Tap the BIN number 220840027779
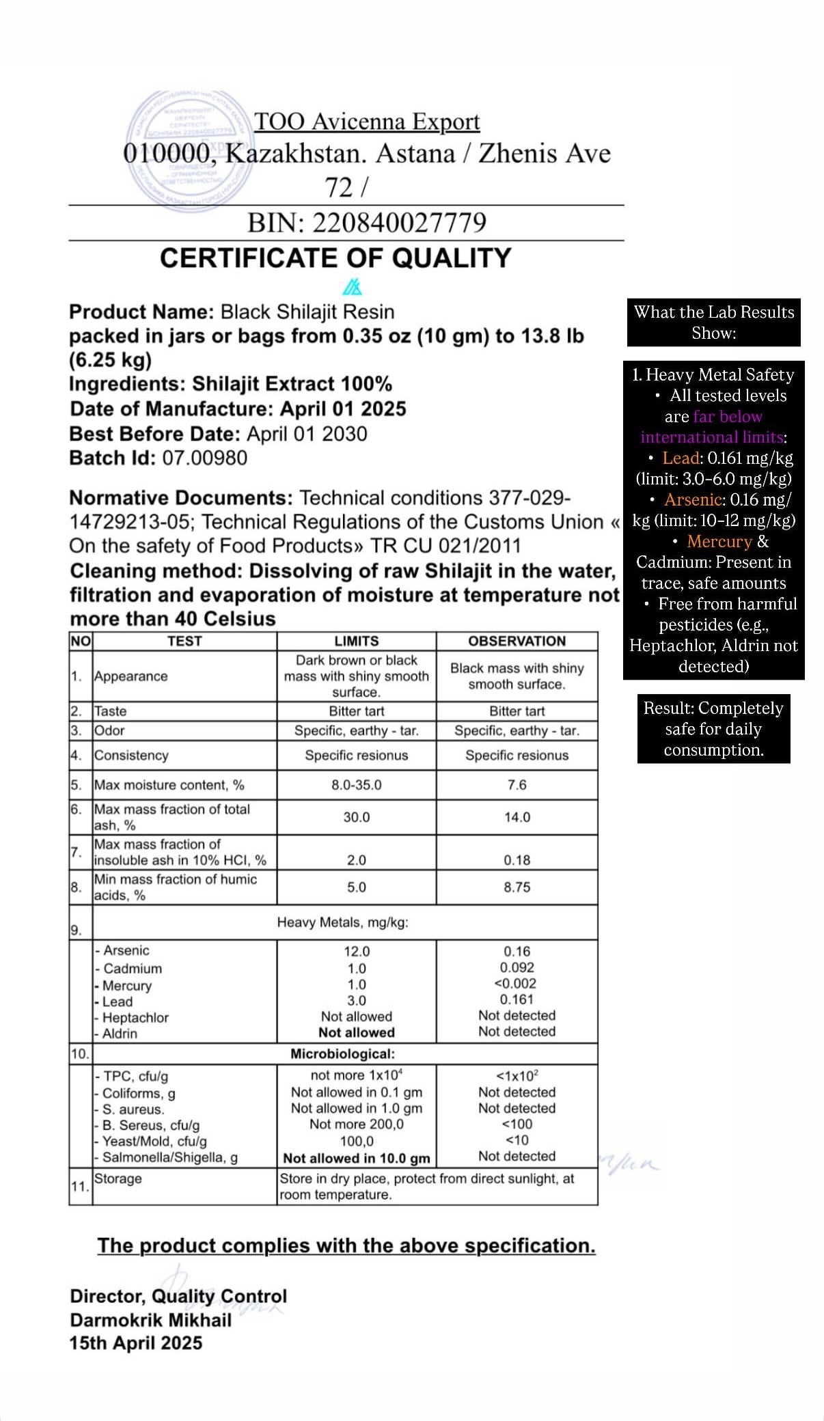399,223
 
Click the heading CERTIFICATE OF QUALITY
335,258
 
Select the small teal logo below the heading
353,286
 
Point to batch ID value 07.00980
204,458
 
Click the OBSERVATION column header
517,641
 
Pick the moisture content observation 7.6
517,785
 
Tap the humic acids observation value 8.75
517,887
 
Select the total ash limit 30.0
356,817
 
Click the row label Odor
109,730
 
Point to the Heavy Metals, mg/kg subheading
342,922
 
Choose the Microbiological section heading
342,1054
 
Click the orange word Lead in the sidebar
681,458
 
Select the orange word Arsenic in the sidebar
693,500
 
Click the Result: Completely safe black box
713,729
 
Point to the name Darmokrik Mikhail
150,1320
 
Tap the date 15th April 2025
136,1343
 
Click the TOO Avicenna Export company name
367,122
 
